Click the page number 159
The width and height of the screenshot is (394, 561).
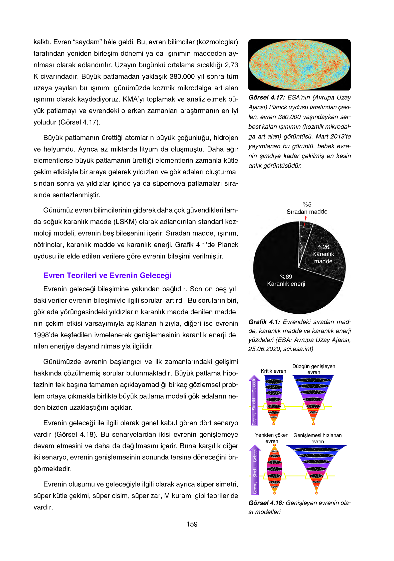click(x=192, y=524)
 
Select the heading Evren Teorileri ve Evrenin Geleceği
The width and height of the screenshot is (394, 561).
click(x=107, y=275)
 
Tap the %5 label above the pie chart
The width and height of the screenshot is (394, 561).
click(x=307, y=204)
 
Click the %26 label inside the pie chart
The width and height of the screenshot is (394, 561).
click(x=323, y=247)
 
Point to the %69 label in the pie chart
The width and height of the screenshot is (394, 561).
click(x=286, y=277)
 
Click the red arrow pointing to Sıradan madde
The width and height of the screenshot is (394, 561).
click(x=305, y=221)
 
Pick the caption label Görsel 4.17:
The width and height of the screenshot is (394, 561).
click(x=267, y=97)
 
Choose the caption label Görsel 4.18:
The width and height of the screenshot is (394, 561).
click(x=266, y=503)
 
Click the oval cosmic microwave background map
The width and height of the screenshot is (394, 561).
click(x=299, y=65)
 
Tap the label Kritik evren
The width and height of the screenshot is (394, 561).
click(x=273, y=371)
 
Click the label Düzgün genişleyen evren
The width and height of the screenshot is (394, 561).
click(x=314, y=369)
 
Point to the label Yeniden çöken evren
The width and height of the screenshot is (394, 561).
click(x=272, y=438)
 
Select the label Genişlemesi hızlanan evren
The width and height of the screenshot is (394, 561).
click(x=317, y=438)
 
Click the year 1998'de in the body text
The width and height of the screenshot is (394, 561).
click(x=46, y=335)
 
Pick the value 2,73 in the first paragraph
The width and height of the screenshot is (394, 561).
click(x=231, y=65)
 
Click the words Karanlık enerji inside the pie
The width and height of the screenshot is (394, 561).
click(x=286, y=284)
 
